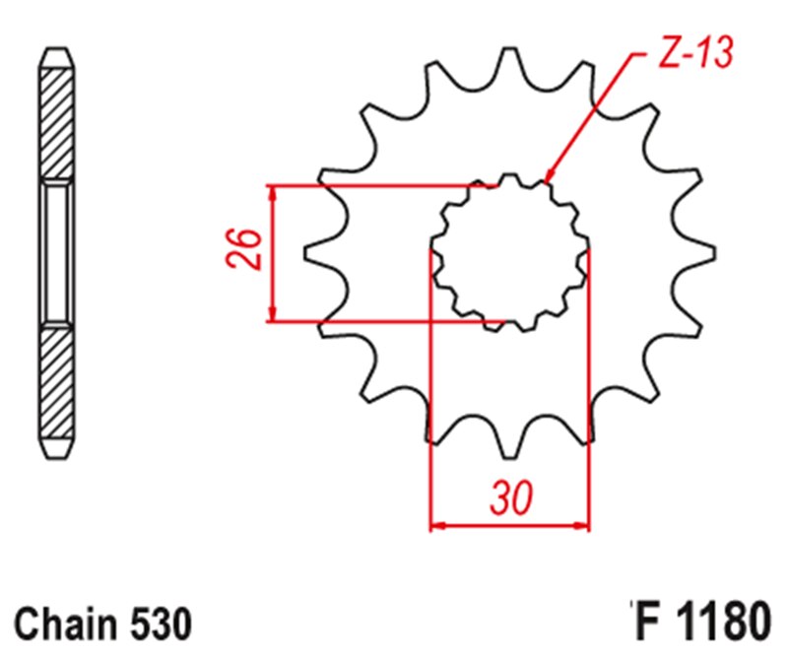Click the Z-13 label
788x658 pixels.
[x=695, y=54]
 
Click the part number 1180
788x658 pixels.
[x=719, y=624]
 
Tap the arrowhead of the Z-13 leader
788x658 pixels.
[x=548, y=178]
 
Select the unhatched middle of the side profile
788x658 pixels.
[x=56, y=252]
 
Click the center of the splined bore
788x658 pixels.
[x=510, y=252]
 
